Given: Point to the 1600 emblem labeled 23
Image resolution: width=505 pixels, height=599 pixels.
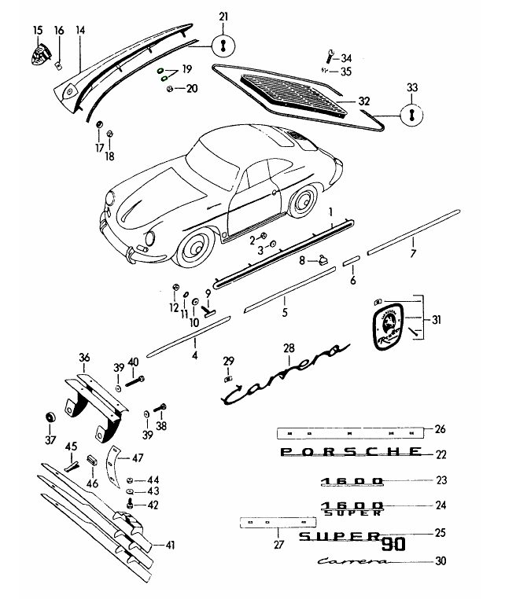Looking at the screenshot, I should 351,480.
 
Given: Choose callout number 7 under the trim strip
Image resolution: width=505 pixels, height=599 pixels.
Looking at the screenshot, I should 412,252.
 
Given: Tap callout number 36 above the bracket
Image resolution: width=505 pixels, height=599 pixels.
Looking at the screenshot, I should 84,358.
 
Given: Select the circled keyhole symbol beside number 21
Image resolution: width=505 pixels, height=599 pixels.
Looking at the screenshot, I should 223,45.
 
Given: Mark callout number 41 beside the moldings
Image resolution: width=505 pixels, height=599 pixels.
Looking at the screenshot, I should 170,544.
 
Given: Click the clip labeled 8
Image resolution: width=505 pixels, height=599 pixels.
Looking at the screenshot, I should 322,261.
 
